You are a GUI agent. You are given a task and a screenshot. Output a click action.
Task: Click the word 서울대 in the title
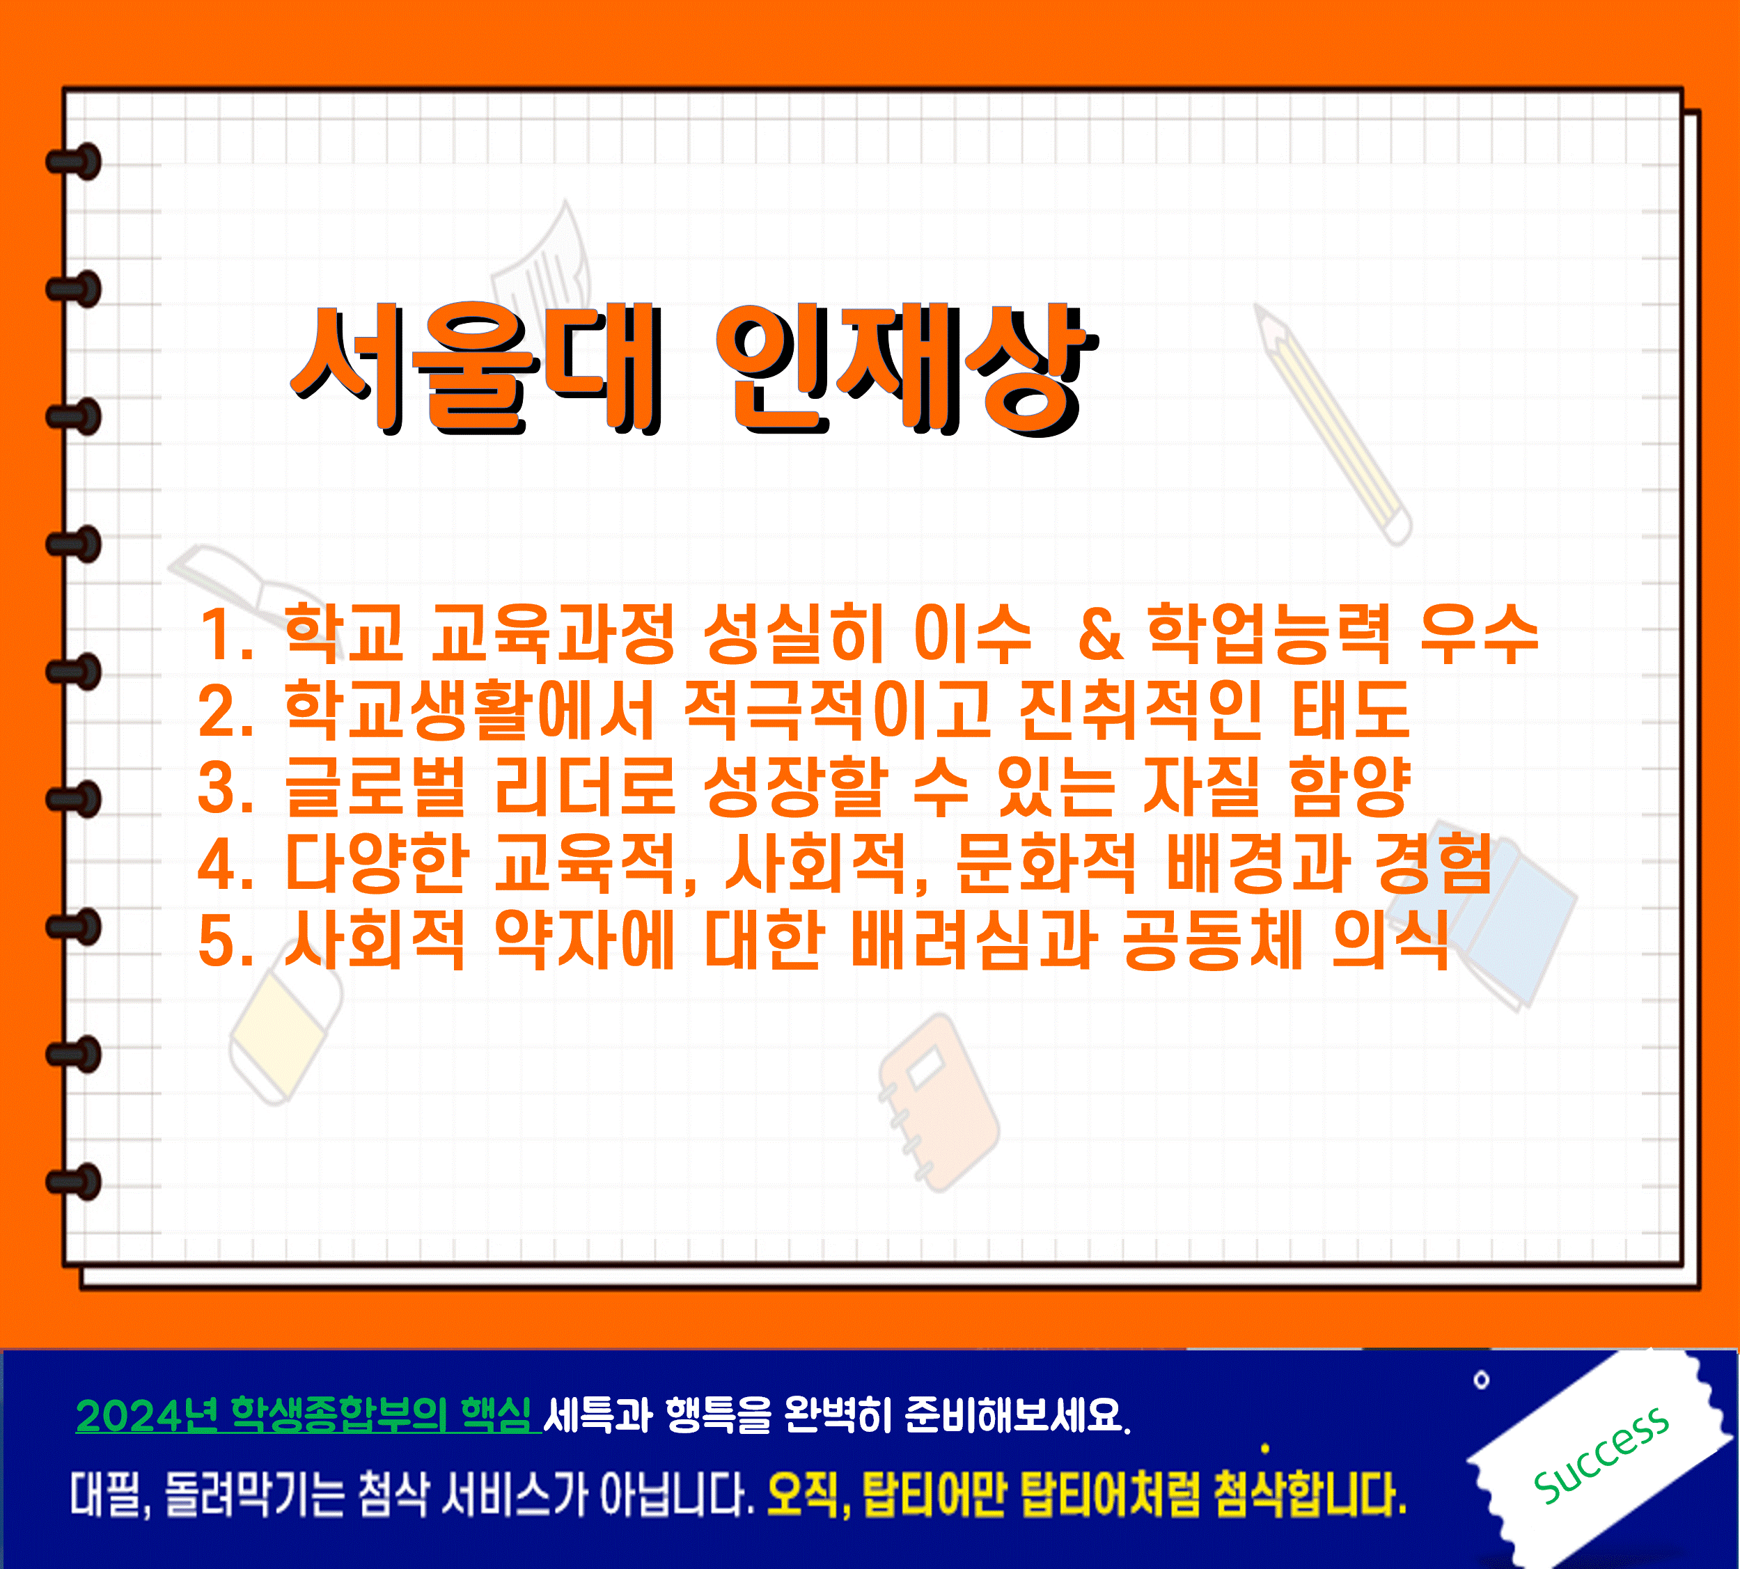[477, 369]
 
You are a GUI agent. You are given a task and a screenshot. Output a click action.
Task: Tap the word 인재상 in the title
[907, 369]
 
